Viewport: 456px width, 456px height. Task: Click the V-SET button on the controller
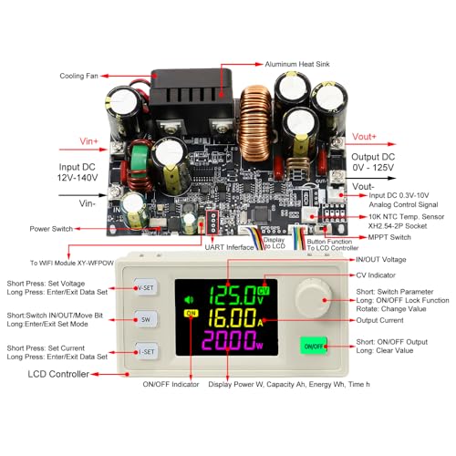pos(145,287)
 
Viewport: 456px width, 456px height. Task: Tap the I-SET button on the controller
pos(145,351)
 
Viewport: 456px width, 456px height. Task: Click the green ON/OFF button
pos(313,347)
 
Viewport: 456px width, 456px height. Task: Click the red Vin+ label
pos(71,142)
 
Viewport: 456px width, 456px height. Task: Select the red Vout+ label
pos(364,136)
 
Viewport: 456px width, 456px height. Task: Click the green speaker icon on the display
pos(190,297)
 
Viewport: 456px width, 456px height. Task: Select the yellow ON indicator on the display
pos(191,314)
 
